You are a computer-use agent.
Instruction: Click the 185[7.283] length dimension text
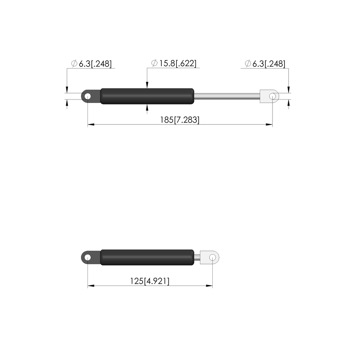coord(180,120)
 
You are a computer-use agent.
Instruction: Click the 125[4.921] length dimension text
coord(150,281)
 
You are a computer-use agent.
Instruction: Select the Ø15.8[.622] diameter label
coord(174,63)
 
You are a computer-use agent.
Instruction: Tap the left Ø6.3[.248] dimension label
coord(91,64)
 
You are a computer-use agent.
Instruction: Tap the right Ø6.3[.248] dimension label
coord(265,64)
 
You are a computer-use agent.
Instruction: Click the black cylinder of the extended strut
coord(147,96)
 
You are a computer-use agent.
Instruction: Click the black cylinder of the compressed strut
coord(147,257)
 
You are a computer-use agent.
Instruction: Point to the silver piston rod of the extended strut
coord(227,96)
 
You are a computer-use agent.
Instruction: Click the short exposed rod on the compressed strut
coord(197,257)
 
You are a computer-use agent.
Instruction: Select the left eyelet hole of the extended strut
coord(88,96)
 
